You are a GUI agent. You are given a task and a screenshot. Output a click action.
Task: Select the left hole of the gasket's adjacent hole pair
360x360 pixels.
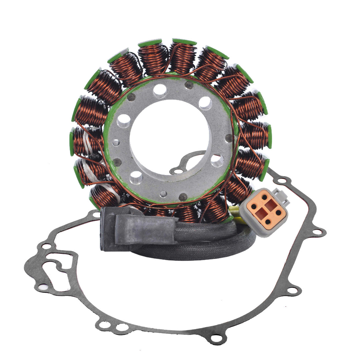(104, 325)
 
